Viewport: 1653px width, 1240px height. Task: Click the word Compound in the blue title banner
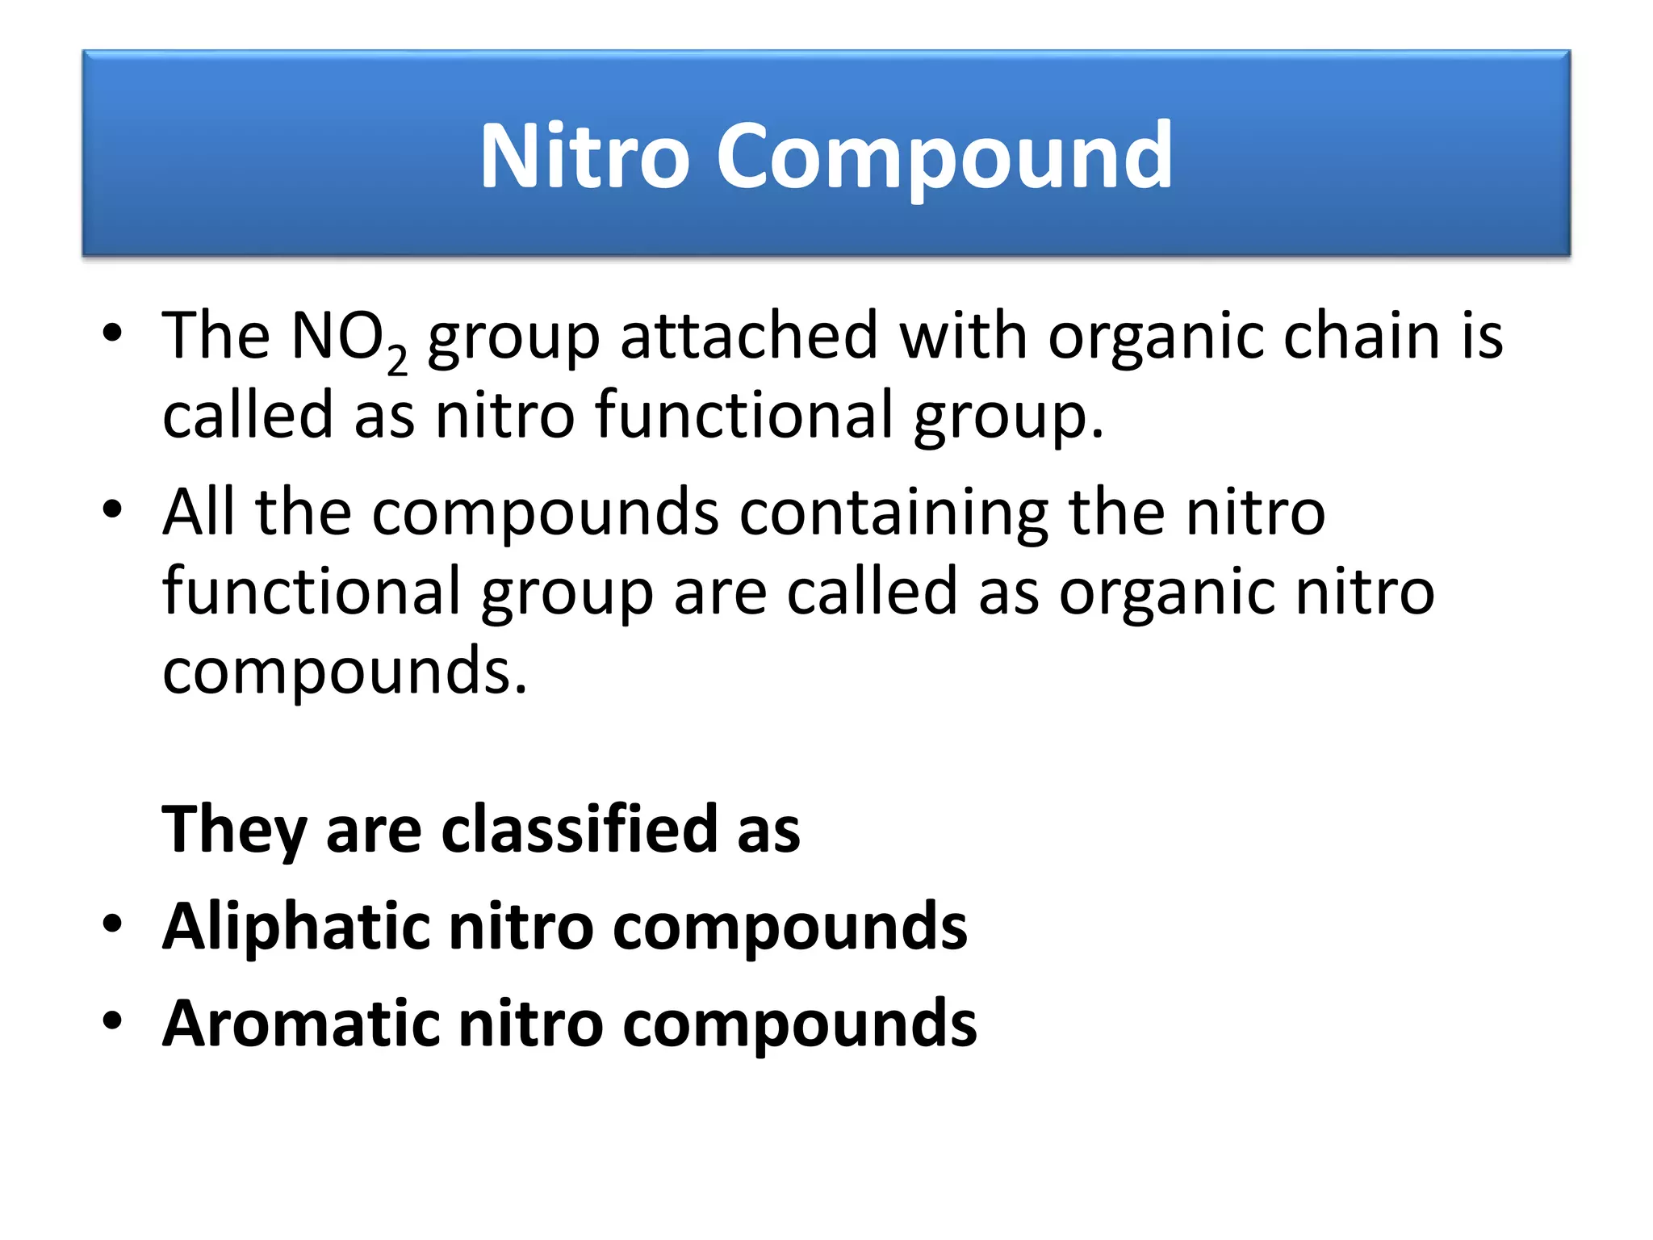(944, 157)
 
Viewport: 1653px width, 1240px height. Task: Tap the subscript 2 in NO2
(397, 359)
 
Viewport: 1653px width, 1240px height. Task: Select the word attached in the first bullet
(749, 336)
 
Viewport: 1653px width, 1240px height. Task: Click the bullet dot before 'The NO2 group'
(112, 333)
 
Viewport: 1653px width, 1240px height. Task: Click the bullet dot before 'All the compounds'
(112, 509)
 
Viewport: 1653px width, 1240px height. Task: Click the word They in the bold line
(234, 830)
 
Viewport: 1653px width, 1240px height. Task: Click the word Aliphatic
(295, 927)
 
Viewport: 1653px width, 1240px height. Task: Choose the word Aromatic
(300, 1023)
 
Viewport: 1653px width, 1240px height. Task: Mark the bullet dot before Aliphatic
(112, 924)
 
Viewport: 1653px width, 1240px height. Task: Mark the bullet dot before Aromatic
(112, 1020)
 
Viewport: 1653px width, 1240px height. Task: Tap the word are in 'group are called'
(720, 592)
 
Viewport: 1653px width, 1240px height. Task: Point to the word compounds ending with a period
(345, 672)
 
